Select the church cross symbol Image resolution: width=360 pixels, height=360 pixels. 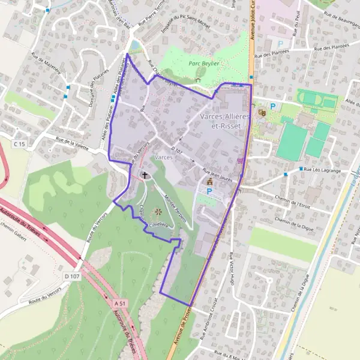[145, 175]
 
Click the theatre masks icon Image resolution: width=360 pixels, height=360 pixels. [261, 112]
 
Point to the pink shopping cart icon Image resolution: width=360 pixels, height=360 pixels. [241, 160]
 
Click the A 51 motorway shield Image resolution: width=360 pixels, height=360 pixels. [119, 304]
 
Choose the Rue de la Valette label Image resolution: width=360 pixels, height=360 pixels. [75, 145]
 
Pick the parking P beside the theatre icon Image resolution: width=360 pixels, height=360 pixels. [273, 107]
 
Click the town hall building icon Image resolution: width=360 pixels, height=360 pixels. [209, 181]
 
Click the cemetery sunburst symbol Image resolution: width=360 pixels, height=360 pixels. [158, 211]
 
